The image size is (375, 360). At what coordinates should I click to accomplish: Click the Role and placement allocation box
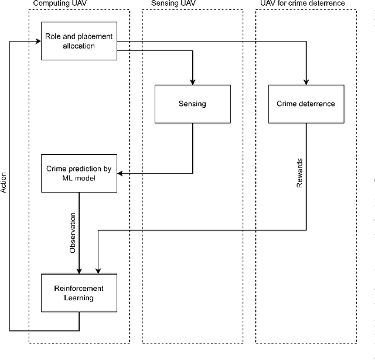tap(79, 41)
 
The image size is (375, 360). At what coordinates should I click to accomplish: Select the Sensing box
tap(192, 104)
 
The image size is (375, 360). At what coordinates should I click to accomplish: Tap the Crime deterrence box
tap(306, 104)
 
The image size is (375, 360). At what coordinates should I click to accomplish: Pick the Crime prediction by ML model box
tap(79, 173)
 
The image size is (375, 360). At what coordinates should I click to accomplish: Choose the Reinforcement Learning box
tap(79, 293)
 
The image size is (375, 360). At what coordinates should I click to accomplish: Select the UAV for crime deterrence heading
tap(303, 4)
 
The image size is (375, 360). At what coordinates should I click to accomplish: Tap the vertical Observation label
tap(73, 232)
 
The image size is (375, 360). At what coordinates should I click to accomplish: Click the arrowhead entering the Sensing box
tap(192, 81)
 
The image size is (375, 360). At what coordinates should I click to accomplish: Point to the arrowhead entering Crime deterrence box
tap(306, 81)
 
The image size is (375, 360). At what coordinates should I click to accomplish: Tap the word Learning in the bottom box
tap(79, 297)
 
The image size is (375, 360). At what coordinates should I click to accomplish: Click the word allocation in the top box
tap(79, 46)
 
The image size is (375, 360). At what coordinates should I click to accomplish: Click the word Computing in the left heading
tap(50, 4)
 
